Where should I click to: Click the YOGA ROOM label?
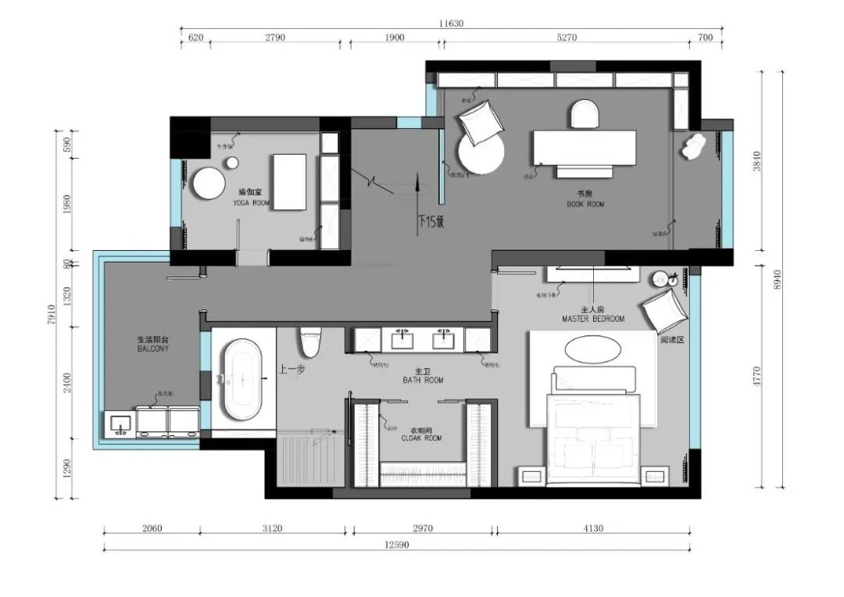251,202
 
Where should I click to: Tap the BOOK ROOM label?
585,204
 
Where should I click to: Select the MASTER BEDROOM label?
593,319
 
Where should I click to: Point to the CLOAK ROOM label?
421,438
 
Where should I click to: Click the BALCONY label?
152,349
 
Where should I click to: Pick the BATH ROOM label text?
423,380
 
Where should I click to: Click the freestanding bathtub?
242,379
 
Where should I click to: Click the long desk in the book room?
585,148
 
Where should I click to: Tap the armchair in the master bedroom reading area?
664,310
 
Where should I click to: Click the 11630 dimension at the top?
451,23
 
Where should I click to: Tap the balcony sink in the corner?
120,424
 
